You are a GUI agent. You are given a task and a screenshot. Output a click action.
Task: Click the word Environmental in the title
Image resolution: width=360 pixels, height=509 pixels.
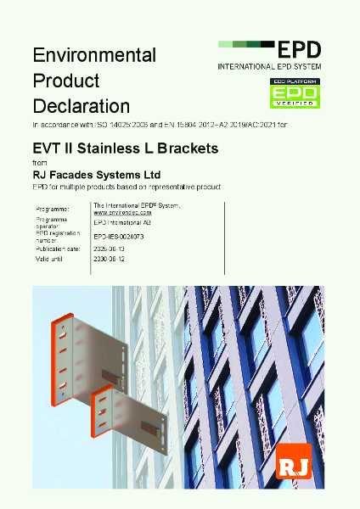[93, 55]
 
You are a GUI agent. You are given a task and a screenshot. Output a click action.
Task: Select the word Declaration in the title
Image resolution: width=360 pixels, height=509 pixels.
[81, 106]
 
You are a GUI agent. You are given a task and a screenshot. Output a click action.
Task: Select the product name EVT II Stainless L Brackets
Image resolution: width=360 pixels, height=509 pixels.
[125, 148]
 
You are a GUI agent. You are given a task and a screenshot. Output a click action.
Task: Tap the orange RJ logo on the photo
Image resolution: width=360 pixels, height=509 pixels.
[295, 461]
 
